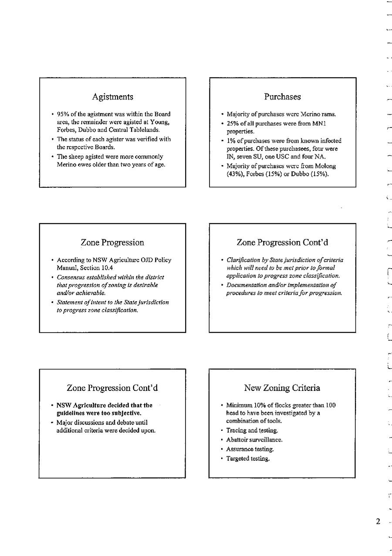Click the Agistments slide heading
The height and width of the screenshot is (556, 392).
(112, 97)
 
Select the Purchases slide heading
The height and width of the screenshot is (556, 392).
(282, 97)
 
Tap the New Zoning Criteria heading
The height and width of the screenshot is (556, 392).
(282, 388)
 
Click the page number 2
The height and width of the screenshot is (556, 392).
(378, 521)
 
